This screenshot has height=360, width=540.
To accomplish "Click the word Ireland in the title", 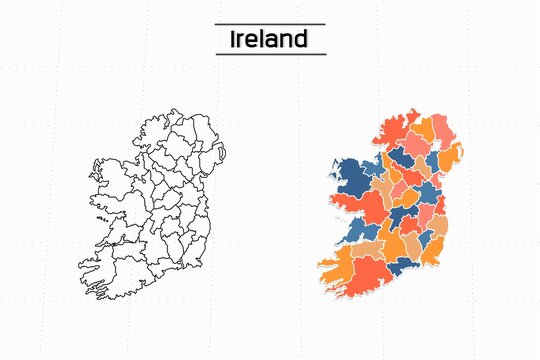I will (x=269, y=39).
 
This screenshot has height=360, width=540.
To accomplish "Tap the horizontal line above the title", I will (x=269, y=24).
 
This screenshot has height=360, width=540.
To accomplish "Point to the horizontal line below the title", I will (x=269, y=54).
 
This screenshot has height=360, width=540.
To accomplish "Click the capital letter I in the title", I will (x=234, y=39).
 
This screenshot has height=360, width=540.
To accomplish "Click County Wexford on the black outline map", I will (x=199, y=250).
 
